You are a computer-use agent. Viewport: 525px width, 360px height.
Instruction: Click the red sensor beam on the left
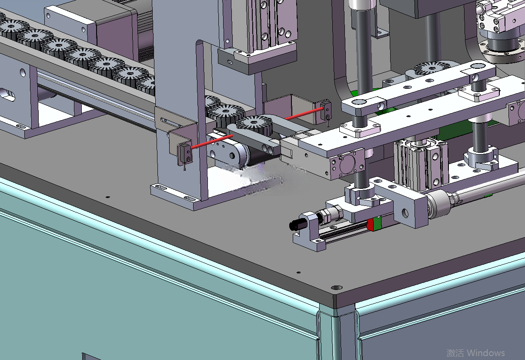tap(212, 142)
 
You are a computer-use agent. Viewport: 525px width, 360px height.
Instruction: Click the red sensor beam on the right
tap(304, 114)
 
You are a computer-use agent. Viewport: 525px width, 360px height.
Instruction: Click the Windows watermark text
tap(475, 353)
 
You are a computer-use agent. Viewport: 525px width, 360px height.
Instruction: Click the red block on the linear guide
tap(370, 225)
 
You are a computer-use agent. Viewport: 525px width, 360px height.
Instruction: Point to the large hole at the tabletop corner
tap(337, 288)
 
